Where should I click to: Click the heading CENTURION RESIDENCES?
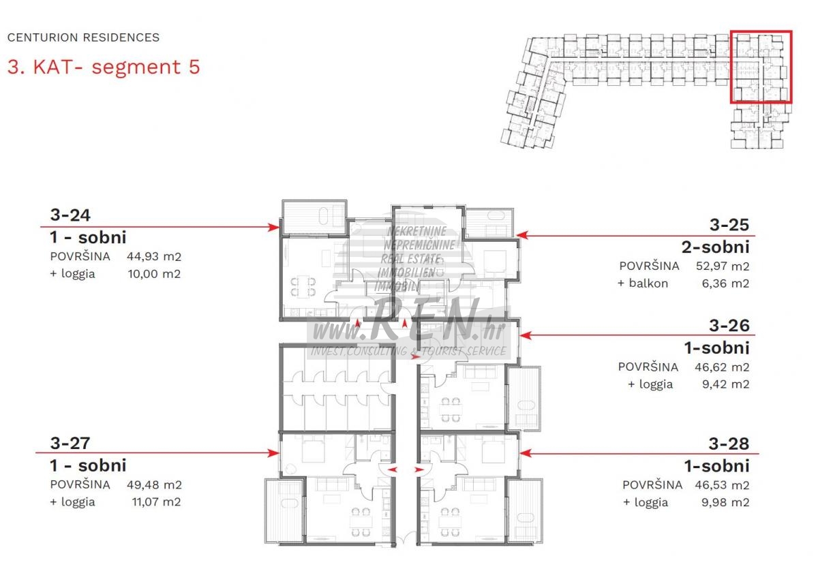click(83, 37)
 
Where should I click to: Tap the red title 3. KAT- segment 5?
click(104, 67)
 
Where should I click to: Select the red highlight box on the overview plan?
click(761, 31)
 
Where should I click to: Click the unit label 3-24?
click(70, 215)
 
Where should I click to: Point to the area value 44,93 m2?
click(154, 256)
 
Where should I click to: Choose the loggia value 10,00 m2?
click(154, 273)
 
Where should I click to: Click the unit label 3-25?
click(729, 225)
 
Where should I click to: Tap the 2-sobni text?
click(715, 247)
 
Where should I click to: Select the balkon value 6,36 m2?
click(725, 283)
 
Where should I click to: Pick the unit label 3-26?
click(729, 325)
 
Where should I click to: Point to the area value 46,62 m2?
click(722, 367)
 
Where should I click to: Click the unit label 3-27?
click(70, 443)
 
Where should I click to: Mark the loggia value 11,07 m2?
click(156, 501)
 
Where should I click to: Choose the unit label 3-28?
click(729, 444)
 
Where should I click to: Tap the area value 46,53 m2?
click(722, 485)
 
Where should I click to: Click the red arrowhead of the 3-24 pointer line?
click(273, 227)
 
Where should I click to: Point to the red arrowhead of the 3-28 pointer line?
click(525, 453)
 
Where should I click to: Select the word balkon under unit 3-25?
click(648, 283)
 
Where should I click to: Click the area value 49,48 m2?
click(154, 484)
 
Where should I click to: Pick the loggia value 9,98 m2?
click(725, 502)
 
